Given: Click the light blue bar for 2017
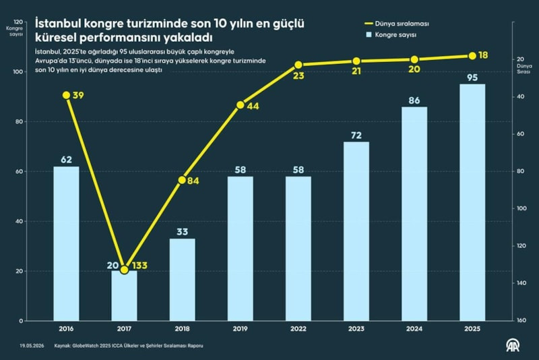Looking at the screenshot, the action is [125, 296].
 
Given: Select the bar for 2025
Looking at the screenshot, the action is [472, 202].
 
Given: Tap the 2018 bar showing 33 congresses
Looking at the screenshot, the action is [182, 280].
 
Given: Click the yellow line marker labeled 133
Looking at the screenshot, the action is [125, 270].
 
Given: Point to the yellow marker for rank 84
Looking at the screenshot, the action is [182, 180].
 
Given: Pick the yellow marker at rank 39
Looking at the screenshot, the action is [66, 95].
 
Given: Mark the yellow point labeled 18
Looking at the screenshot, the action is [472, 56].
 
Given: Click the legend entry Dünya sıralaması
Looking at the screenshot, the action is [397, 24].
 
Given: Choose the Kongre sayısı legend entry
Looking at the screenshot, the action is [391, 35].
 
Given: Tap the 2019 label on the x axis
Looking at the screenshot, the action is [241, 329].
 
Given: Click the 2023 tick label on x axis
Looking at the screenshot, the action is [356, 329].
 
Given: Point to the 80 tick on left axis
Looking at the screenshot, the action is [20, 122].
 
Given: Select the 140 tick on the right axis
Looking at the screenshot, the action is [521, 283].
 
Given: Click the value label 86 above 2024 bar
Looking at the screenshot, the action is [414, 100].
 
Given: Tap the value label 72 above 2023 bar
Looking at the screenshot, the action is [356, 136].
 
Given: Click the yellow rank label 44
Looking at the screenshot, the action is [253, 107].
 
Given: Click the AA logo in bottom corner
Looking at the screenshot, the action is [513, 345].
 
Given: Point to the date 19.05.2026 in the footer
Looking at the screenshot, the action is [32, 346].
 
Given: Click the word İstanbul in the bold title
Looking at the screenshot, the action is [58, 24].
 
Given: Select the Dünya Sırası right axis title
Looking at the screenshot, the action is [524, 69].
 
